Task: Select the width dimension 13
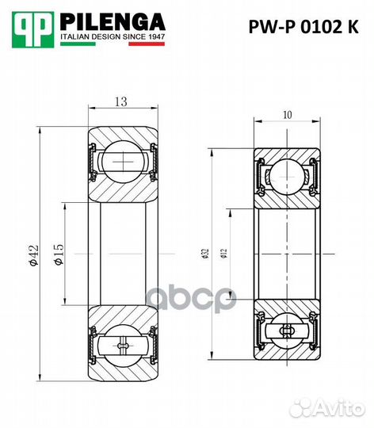click(122, 101)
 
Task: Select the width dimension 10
click(286, 116)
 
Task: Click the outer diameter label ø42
click(32, 255)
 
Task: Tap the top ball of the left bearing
click(121, 160)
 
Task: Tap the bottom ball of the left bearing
click(121, 346)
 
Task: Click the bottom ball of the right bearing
click(286, 331)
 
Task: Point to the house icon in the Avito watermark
click(303, 407)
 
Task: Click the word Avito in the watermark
click(340, 407)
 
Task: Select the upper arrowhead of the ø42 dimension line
click(41, 129)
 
